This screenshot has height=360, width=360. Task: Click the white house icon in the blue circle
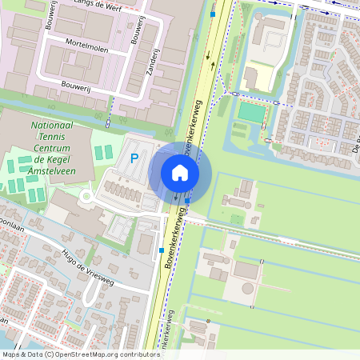point(180,172)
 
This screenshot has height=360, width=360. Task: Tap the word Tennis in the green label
point(50,138)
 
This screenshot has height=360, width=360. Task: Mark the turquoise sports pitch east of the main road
point(252,113)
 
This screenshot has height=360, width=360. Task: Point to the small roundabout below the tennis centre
point(86,196)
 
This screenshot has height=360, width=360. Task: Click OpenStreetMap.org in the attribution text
point(89,354)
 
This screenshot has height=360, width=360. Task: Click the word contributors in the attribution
point(135,354)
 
